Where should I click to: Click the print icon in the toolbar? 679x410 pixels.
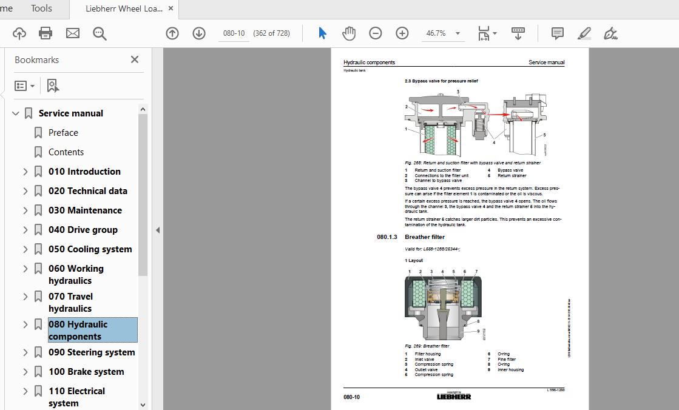[x=46, y=33]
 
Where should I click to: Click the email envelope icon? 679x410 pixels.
[x=73, y=33]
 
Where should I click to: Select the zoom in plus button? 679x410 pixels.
[x=402, y=33]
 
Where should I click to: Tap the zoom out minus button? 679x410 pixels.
[x=376, y=33]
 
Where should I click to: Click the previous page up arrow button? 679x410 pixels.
[x=172, y=33]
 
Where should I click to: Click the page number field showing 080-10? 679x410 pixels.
[x=234, y=33]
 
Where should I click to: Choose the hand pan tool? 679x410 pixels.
[x=349, y=33]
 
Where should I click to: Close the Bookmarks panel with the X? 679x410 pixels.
[x=135, y=59]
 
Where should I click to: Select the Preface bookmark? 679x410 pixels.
[x=63, y=133]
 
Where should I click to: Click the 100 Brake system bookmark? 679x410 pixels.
[x=86, y=372]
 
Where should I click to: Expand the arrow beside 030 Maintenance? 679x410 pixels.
[x=25, y=210]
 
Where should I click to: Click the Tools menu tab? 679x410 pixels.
[x=41, y=8]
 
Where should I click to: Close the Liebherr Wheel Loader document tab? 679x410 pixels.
[x=171, y=8]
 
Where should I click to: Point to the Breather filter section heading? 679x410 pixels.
[x=425, y=237]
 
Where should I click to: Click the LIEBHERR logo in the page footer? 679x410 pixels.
[x=454, y=397]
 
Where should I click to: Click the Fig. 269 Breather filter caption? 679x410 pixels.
[x=427, y=346]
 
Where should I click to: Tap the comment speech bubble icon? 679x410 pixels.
[x=557, y=33]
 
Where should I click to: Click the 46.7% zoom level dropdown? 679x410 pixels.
[x=444, y=33]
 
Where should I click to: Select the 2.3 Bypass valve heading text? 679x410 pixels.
[x=441, y=81]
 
